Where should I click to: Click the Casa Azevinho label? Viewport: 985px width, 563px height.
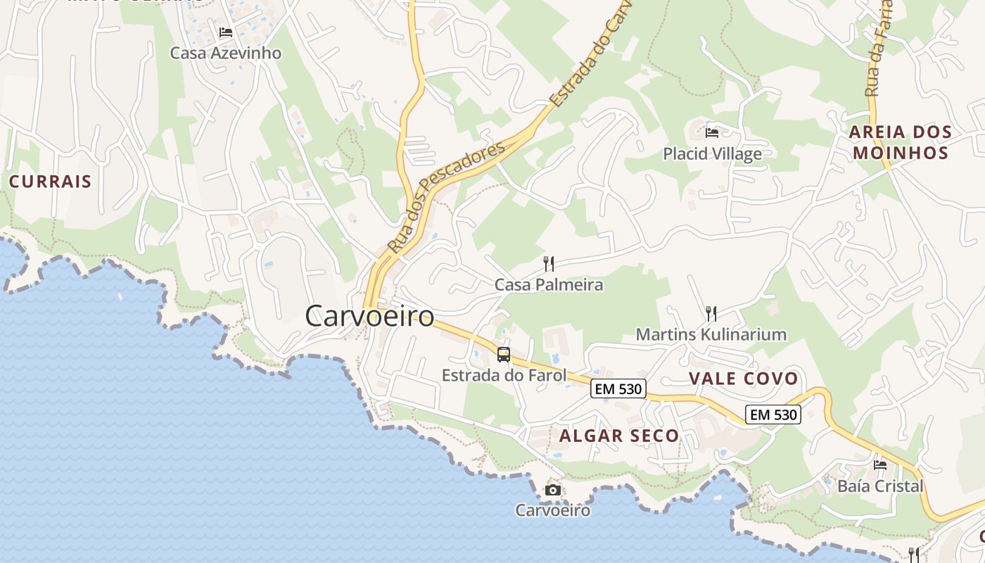click(226, 53)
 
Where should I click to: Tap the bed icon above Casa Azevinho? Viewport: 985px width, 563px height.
click(225, 32)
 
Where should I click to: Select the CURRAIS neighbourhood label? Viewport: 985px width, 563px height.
click(50, 181)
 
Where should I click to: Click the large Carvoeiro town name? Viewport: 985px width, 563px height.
click(369, 316)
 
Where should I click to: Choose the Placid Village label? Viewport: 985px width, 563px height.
click(712, 153)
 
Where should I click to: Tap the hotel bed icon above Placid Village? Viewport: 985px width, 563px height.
click(712, 132)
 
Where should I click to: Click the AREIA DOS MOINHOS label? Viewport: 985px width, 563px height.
click(900, 142)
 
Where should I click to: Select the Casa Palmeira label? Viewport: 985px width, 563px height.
click(549, 284)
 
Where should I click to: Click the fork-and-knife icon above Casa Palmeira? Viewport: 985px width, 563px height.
click(549, 264)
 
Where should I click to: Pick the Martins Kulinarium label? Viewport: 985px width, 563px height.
click(711, 334)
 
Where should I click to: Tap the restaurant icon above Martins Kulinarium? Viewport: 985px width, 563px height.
click(711, 313)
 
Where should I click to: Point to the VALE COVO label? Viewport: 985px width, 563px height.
click(744, 379)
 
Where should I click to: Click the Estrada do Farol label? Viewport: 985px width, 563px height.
click(504, 375)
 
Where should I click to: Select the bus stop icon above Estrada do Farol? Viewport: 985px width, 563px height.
click(504, 355)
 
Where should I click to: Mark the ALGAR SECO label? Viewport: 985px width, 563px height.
click(619, 436)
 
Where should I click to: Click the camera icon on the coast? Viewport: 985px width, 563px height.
click(553, 490)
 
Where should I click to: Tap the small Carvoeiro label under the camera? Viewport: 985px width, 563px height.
click(553, 510)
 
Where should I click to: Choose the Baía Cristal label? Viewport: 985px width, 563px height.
click(880, 486)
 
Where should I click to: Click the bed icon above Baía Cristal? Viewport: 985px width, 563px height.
click(880, 464)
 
